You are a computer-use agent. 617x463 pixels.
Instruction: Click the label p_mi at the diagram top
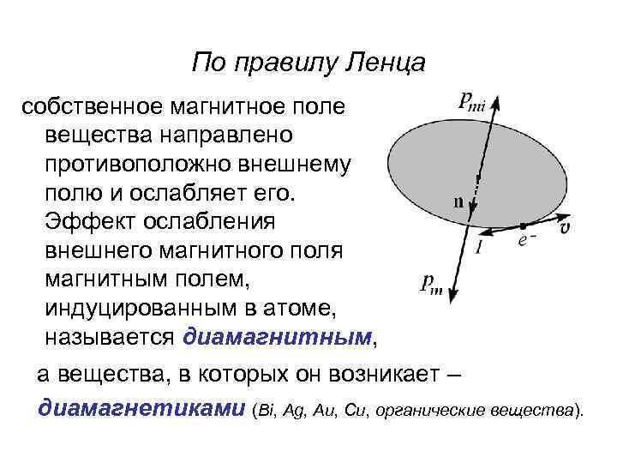pos(471,102)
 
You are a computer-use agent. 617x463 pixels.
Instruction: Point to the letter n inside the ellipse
pos(458,204)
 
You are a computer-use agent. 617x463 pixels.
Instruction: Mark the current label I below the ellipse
pos(477,248)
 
